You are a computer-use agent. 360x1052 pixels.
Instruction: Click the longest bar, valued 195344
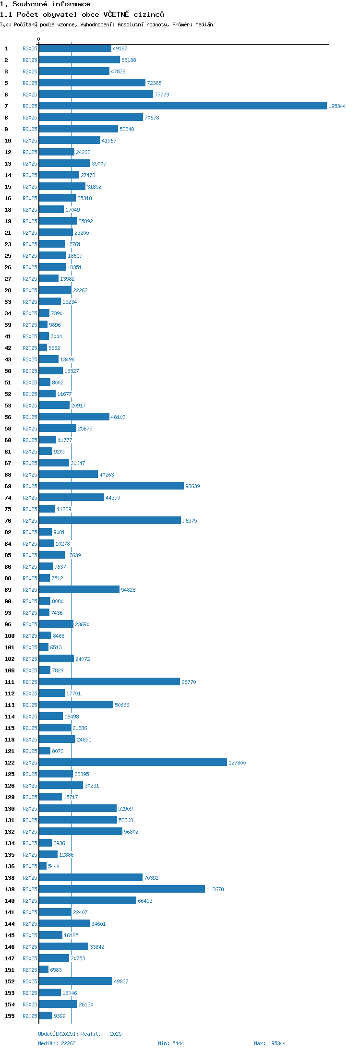click(183, 106)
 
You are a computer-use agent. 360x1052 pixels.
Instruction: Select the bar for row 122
click(133, 762)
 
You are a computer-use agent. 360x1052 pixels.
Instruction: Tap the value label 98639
click(192, 486)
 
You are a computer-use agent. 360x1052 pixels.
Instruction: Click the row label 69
click(8, 486)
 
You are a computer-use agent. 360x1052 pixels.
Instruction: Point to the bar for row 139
click(122, 889)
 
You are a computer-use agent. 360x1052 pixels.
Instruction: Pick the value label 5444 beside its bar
click(54, 866)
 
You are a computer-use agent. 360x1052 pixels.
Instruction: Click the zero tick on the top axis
click(39, 39)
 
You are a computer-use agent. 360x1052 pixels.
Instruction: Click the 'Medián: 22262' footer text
click(57, 1043)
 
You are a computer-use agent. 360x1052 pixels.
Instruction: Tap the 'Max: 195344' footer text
click(270, 1043)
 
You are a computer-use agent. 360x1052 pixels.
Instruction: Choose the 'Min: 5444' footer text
click(171, 1043)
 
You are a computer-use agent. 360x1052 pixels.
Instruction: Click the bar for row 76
click(110, 520)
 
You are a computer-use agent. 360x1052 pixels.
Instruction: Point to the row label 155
click(10, 1016)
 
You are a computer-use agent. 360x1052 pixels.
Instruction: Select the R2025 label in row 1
click(30, 48)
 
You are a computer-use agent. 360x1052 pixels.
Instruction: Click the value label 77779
click(162, 95)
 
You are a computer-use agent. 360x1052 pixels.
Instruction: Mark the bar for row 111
click(109, 681)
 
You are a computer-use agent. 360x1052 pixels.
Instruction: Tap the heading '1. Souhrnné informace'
click(45, 4)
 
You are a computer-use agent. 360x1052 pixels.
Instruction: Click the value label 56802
click(131, 832)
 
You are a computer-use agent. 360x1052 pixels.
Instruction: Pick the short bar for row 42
click(43, 347)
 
